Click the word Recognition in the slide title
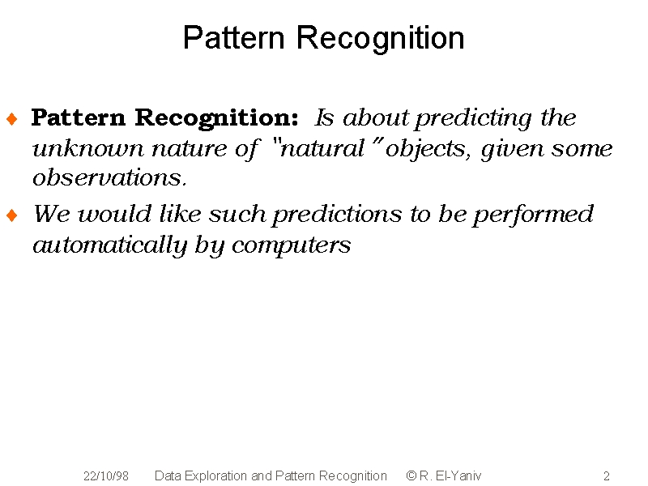pos(380,39)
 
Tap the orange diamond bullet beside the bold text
pos(12,119)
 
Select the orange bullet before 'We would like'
pos(12,215)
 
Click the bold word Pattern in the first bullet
pos(79,117)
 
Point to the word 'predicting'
pos(474,119)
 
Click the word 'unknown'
pos(88,148)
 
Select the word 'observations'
pos(109,178)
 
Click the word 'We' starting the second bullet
pos(51,214)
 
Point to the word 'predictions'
pos(337,215)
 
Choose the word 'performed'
pos(533,215)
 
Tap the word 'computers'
pos(292,247)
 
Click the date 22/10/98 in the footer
pos(106,476)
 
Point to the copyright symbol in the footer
pos(411,475)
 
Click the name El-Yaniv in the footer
pos(458,476)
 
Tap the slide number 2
pos(607,476)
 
